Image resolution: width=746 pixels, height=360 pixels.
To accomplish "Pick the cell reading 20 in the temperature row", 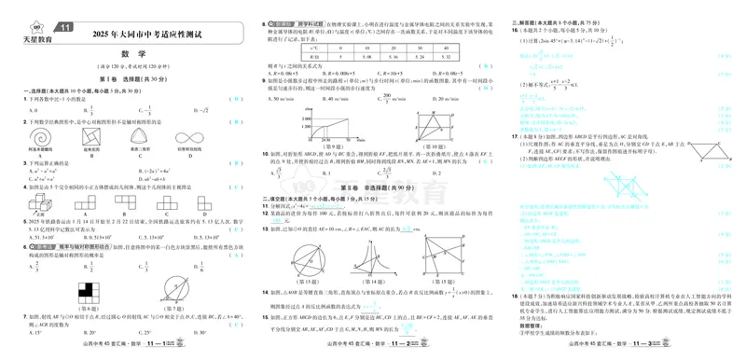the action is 394,48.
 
